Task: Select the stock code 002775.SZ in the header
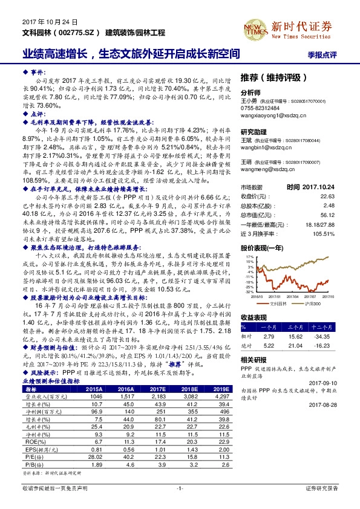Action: click(x=79, y=31)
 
